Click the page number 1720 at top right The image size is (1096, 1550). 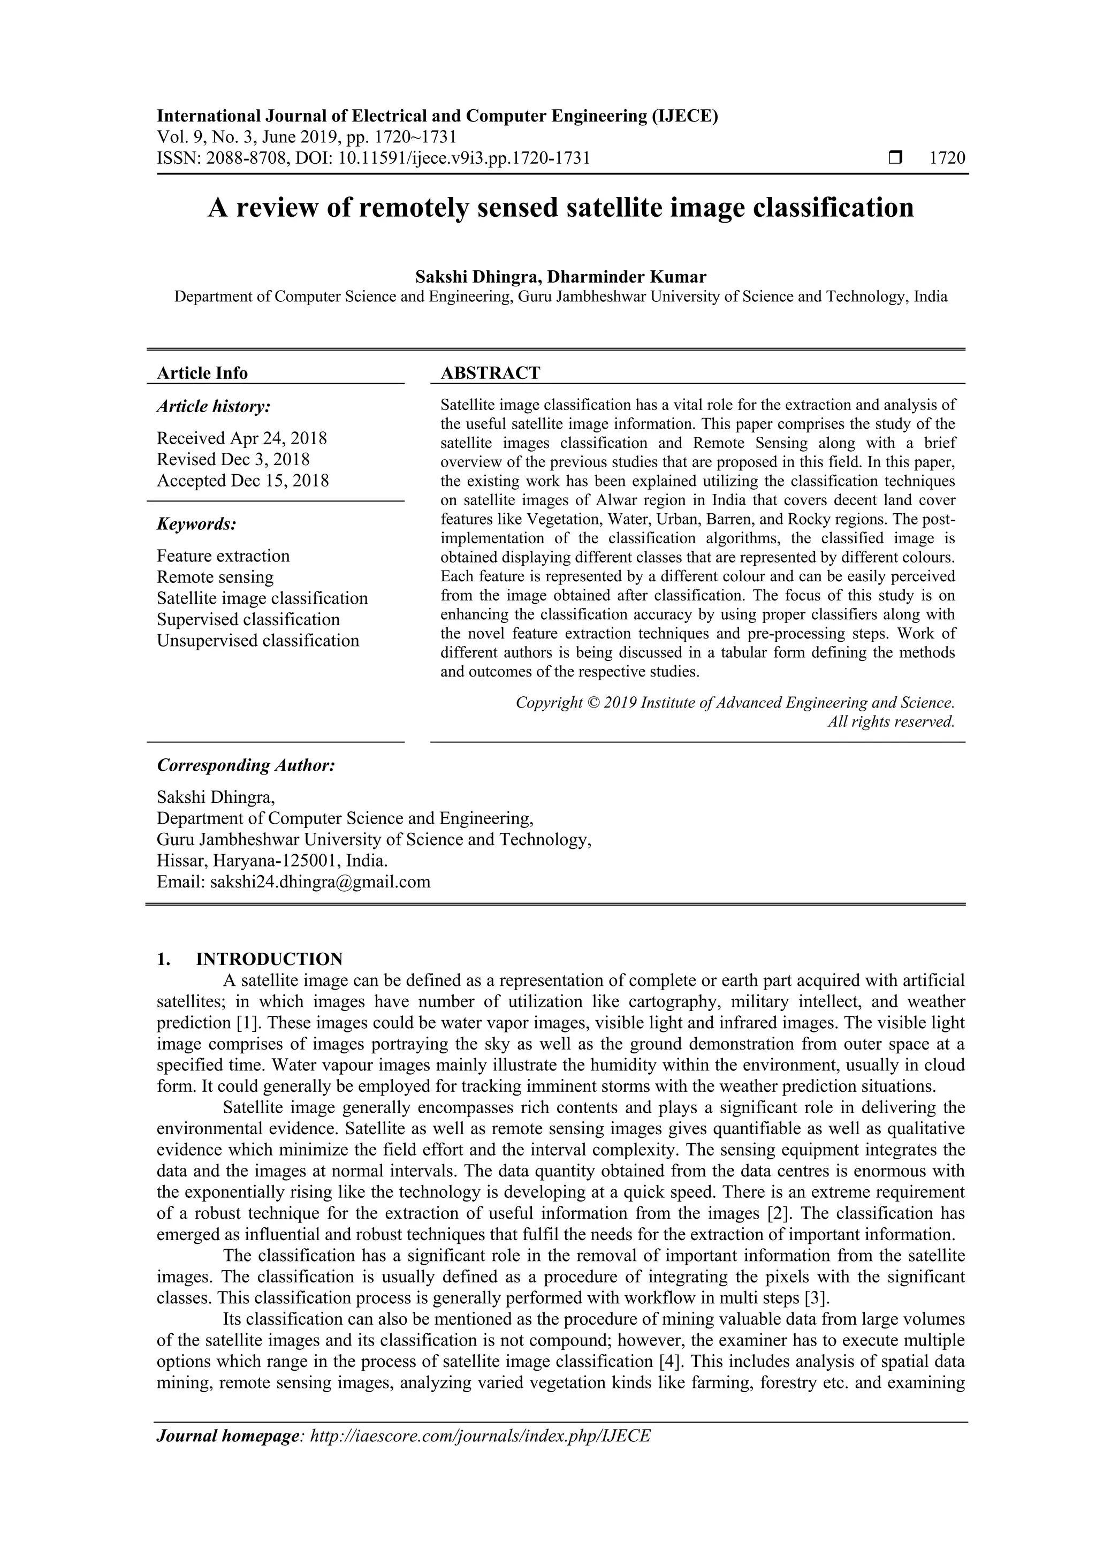[947, 158]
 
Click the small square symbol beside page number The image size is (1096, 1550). [895, 158]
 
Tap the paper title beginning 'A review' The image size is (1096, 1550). [560, 207]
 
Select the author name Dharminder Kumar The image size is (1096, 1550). [626, 277]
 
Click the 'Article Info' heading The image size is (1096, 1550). [202, 374]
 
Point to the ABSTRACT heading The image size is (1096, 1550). [490, 374]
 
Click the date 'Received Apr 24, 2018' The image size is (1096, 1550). [241, 438]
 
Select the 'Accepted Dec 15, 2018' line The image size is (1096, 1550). [243, 481]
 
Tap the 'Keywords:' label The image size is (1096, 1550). [196, 524]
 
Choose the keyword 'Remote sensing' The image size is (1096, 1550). [215, 577]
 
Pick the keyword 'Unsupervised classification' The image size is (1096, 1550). [258, 641]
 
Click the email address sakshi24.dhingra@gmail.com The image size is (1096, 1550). [320, 882]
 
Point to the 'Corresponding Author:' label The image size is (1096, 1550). [246, 765]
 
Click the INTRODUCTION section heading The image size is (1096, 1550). [269, 959]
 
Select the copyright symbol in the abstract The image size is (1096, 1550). [593, 703]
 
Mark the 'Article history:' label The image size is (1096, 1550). [214, 406]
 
